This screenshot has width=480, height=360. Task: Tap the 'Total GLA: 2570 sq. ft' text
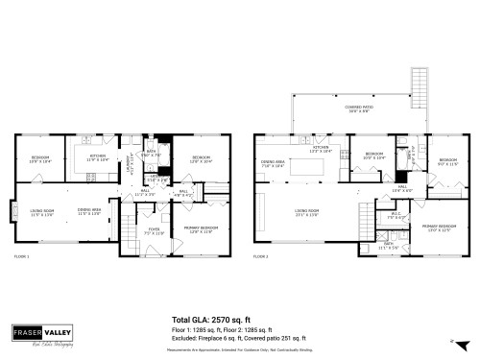[210, 319]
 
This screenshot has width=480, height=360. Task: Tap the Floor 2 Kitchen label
[320, 149]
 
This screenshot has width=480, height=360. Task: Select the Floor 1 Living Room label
[41, 212]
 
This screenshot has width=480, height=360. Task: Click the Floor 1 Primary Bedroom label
[203, 228]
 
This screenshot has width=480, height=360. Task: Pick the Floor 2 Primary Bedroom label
[437, 228]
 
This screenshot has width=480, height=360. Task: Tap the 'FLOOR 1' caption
[21, 257]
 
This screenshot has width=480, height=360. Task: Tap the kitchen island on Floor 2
[310, 169]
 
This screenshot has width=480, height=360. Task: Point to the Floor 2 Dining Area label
[274, 164]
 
